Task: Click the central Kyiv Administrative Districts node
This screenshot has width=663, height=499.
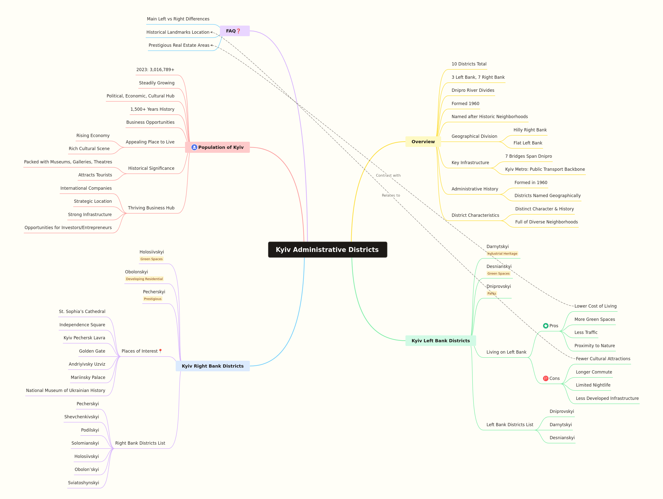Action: [327, 250]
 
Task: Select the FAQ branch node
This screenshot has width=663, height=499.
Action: [235, 31]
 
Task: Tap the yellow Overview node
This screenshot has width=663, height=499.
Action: [423, 142]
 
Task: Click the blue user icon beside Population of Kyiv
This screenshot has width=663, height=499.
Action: [194, 147]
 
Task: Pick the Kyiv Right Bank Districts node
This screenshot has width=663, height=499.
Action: [213, 366]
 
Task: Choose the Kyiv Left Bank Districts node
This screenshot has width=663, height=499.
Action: [441, 341]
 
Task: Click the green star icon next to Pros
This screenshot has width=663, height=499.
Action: [546, 326]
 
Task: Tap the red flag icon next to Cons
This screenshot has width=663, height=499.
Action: [546, 378]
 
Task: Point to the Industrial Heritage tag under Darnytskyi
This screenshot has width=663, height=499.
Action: [502, 253]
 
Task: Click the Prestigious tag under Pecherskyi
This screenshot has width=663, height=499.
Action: [153, 299]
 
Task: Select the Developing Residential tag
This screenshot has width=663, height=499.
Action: [144, 279]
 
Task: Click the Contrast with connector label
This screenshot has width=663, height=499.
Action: [388, 175]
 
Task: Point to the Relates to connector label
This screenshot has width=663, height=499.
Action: [391, 195]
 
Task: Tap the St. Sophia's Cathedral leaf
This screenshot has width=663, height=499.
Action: [82, 312]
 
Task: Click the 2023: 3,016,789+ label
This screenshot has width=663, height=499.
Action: [155, 70]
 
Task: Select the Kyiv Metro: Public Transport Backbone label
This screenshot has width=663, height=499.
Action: [545, 169]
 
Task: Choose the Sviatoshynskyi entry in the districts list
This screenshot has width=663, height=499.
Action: [83, 483]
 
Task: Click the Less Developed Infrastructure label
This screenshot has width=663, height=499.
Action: [607, 398]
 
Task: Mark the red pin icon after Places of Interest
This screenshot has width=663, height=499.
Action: [160, 351]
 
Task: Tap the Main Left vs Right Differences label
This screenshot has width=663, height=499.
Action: [178, 19]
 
